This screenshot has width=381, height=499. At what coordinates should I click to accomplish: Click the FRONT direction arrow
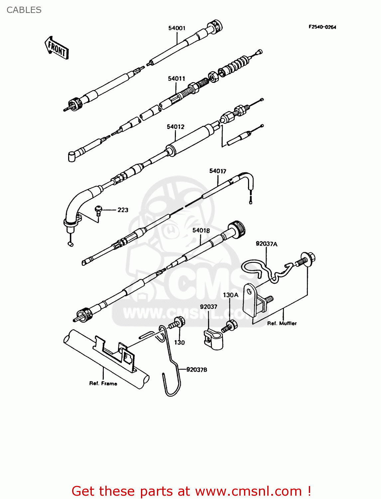tap(57, 48)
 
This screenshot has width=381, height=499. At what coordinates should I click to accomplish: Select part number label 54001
tap(177, 28)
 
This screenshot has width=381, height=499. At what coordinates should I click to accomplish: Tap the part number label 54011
tap(176, 79)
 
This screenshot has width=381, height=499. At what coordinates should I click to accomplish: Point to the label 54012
tap(175, 127)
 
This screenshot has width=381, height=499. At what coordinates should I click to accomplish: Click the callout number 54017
tap(217, 171)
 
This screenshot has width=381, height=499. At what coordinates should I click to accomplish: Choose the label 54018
tap(201, 230)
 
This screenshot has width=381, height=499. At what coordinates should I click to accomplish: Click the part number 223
tap(123, 210)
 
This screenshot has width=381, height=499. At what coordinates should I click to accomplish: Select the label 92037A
tap(266, 244)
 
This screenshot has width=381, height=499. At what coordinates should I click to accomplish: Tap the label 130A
tap(230, 295)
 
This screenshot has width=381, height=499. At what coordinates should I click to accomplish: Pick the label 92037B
tap(196, 370)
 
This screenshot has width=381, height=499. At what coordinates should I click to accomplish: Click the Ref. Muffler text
tap(282, 323)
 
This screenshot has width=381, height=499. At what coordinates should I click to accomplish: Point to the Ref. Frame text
tap(103, 384)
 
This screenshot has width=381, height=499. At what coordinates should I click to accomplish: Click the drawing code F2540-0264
tap(322, 27)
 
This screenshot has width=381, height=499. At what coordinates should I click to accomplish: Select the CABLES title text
tap(24, 10)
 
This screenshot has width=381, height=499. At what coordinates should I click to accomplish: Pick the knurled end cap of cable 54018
tap(238, 229)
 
